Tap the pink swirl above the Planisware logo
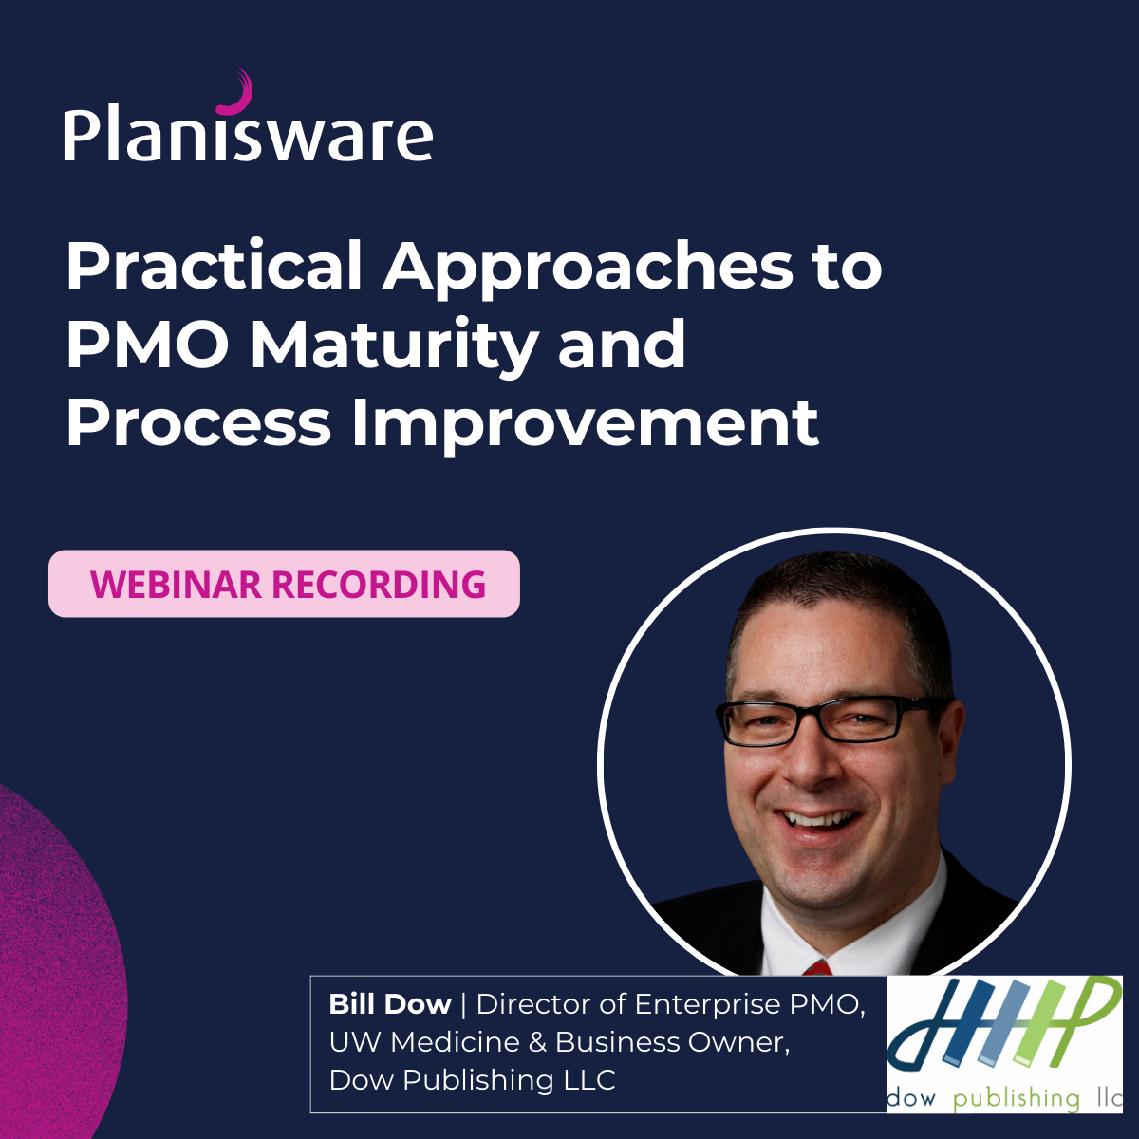pyautogui.click(x=236, y=93)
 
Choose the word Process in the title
pyautogui.click(x=198, y=423)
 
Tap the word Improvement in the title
pyautogui.click(x=585, y=423)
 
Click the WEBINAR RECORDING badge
pyautogui.click(x=284, y=584)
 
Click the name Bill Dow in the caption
pyautogui.click(x=389, y=1004)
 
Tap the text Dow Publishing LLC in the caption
pyautogui.click(x=472, y=1080)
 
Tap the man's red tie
pyautogui.click(x=817, y=968)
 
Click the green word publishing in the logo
pyautogui.click(x=1016, y=1099)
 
